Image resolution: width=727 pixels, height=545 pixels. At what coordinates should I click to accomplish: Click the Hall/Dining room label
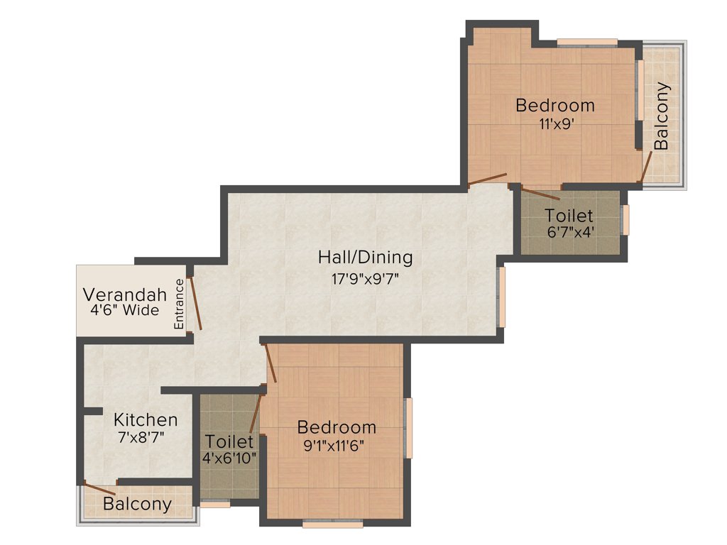point(365,257)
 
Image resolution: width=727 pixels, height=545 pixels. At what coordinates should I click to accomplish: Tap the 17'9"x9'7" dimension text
point(365,278)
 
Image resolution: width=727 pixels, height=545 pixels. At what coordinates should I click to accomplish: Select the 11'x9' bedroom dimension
point(555,122)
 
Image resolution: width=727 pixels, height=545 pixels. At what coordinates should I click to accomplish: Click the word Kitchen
point(146,419)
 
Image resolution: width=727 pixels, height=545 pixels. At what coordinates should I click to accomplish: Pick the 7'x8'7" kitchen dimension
point(142,437)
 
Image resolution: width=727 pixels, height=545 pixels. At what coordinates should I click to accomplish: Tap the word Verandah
point(125,294)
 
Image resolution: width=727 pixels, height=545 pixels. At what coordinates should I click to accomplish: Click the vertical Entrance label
point(180,303)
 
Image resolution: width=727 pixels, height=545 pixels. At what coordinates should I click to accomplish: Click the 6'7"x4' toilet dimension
point(569,231)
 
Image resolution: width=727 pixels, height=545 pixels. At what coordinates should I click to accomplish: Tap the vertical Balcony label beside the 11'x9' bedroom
point(662,116)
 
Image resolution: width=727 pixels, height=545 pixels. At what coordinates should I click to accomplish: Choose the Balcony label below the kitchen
point(137,505)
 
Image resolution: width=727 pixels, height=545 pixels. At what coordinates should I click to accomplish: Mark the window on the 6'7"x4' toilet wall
point(625,219)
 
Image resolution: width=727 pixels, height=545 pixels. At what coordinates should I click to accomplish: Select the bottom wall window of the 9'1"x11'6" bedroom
point(333,524)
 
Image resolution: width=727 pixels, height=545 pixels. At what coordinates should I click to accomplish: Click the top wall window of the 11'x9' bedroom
point(586,42)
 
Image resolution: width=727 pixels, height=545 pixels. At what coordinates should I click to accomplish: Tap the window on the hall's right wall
point(501,297)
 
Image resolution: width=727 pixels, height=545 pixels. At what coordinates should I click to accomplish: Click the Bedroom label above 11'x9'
point(555,106)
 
